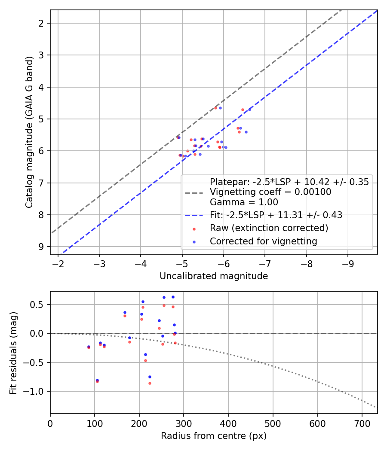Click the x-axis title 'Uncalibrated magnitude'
[214, 276]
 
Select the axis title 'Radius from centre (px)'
[214, 436]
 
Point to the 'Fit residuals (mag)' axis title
[13, 352]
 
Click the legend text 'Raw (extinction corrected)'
[269, 228]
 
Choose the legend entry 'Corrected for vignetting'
[263, 241]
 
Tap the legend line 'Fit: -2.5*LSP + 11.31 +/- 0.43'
[276, 215]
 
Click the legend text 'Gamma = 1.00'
[244, 202]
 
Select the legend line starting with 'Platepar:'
[289, 182]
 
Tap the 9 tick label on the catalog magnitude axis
[41, 247]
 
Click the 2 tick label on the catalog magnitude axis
[41, 23]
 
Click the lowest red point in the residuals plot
[150, 383]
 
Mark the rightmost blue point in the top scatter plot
[249, 110]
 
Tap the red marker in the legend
[193, 229]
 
